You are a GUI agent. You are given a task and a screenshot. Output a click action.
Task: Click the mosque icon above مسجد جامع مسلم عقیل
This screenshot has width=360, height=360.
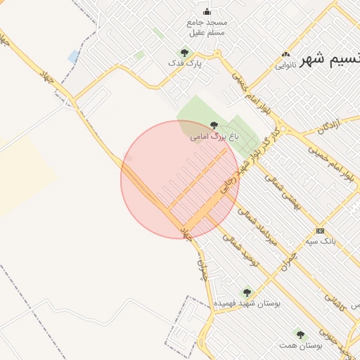(207, 11)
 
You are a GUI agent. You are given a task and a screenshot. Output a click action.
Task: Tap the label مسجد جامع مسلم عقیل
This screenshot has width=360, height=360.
(207, 27)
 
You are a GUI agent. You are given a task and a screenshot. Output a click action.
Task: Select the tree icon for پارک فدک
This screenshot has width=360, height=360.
(185, 53)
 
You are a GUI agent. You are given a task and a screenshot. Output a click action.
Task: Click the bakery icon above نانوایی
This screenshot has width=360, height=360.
(285, 55)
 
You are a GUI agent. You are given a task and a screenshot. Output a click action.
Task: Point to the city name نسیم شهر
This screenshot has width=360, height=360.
(330, 60)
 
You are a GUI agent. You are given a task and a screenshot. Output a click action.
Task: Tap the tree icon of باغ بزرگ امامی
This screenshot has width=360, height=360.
(214, 125)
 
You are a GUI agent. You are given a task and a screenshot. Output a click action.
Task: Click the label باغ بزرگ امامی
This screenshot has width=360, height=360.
(214, 137)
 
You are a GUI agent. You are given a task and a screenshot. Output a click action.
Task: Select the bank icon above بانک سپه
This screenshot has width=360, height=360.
(321, 231)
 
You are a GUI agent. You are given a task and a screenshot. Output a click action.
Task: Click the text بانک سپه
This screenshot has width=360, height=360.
(321, 241)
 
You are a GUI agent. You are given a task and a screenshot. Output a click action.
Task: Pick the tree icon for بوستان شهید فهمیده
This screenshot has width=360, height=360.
(246, 292)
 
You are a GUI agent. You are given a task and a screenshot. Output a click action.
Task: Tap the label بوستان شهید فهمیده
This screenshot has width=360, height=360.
(247, 303)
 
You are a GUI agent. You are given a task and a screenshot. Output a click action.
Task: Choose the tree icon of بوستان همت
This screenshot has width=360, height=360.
(300, 335)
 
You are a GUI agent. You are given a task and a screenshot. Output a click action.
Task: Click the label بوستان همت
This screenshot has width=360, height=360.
(300, 345)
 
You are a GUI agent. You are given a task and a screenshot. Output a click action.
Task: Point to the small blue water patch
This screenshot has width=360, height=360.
(73, 56)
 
